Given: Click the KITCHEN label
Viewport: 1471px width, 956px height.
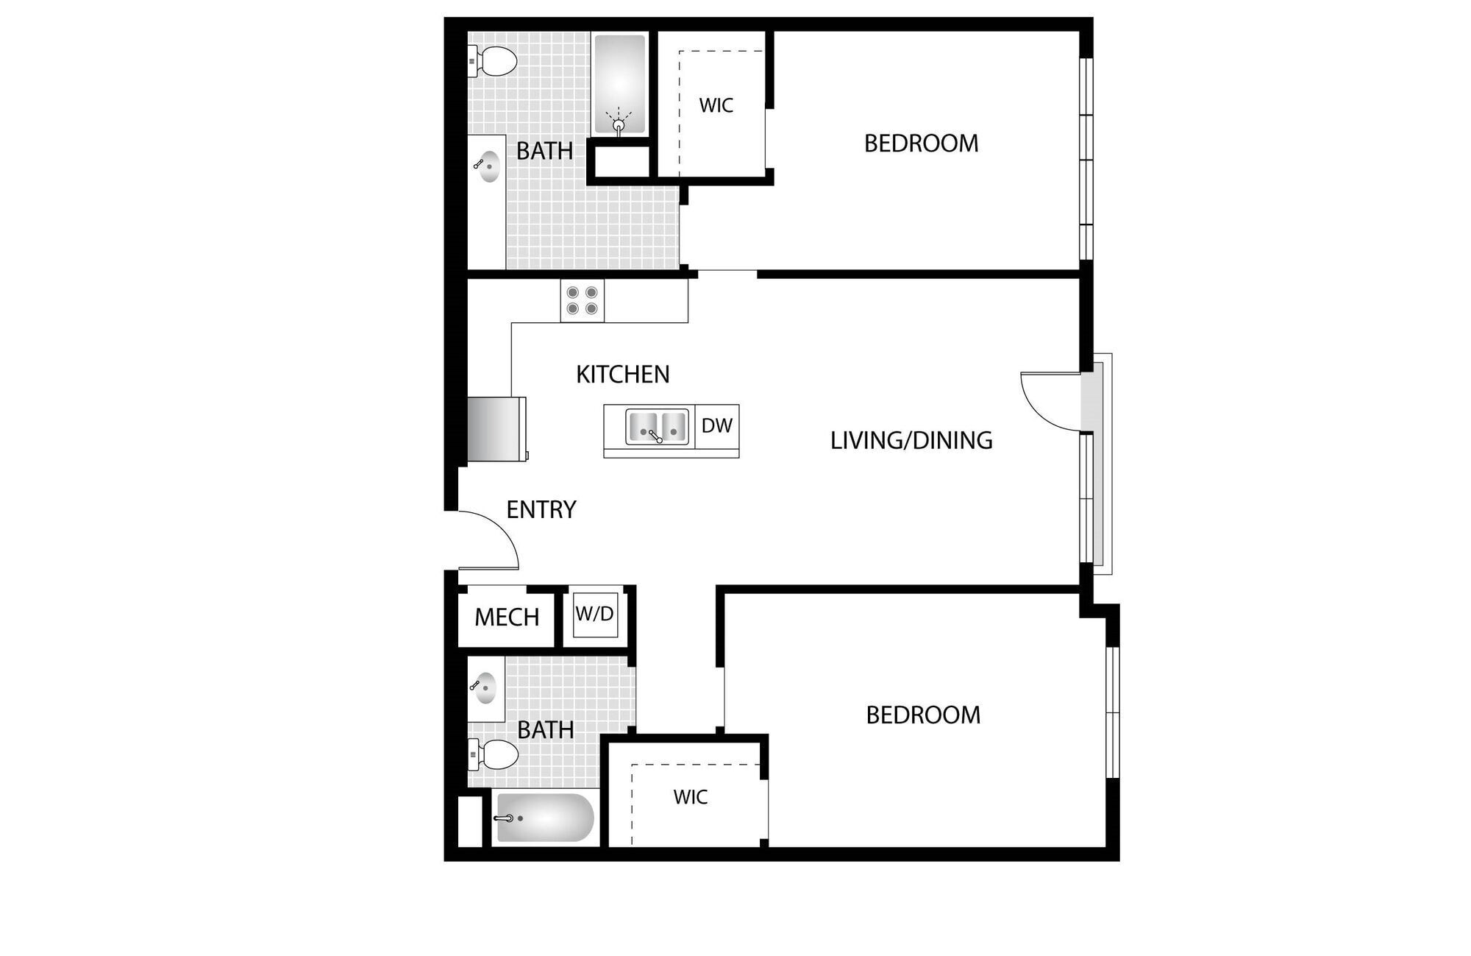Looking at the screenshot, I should pyautogui.click(x=622, y=374).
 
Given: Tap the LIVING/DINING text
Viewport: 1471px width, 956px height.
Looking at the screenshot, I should pyautogui.click(x=911, y=440).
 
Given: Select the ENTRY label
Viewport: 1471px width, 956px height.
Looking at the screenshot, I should pyautogui.click(x=541, y=509).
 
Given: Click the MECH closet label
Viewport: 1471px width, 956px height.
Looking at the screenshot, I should pyautogui.click(x=507, y=617).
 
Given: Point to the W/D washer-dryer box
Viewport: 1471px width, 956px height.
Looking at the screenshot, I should pyautogui.click(x=594, y=615).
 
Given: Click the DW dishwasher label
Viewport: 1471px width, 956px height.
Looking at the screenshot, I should pyautogui.click(x=716, y=425).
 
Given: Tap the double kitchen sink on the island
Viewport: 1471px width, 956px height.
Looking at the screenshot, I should pyautogui.click(x=657, y=427).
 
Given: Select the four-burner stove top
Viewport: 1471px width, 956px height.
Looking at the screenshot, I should pyautogui.click(x=582, y=300).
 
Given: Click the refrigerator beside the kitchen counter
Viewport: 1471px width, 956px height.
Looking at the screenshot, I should pyautogui.click(x=497, y=429).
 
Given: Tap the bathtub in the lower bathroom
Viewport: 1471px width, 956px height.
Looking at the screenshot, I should pyautogui.click(x=544, y=818).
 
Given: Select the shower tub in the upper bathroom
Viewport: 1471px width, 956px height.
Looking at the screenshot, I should pyautogui.click(x=619, y=83).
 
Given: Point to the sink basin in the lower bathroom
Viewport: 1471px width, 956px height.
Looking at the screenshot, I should pyautogui.click(x=485, y=688).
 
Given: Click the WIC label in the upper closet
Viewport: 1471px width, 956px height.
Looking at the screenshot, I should pyautogui.click(x=716, y=105).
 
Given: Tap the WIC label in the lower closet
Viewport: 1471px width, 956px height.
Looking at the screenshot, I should pyautogui.click(x=690, y=797).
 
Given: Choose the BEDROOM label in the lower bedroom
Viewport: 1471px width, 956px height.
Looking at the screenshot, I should pyautogui.click(x=922, y=715).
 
